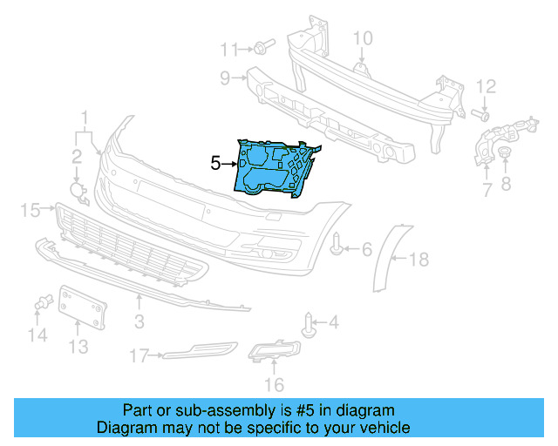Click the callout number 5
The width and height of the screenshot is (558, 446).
point(215,162)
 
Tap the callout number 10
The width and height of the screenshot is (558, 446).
point(363,37)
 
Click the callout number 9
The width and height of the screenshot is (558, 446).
point(225,78)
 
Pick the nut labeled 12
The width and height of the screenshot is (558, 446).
point(478,113)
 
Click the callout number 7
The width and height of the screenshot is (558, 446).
point(487,188)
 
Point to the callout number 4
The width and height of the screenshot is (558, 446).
point(332,323)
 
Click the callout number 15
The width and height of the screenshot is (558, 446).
point(31,209)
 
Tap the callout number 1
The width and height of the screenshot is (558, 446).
point(85,117)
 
